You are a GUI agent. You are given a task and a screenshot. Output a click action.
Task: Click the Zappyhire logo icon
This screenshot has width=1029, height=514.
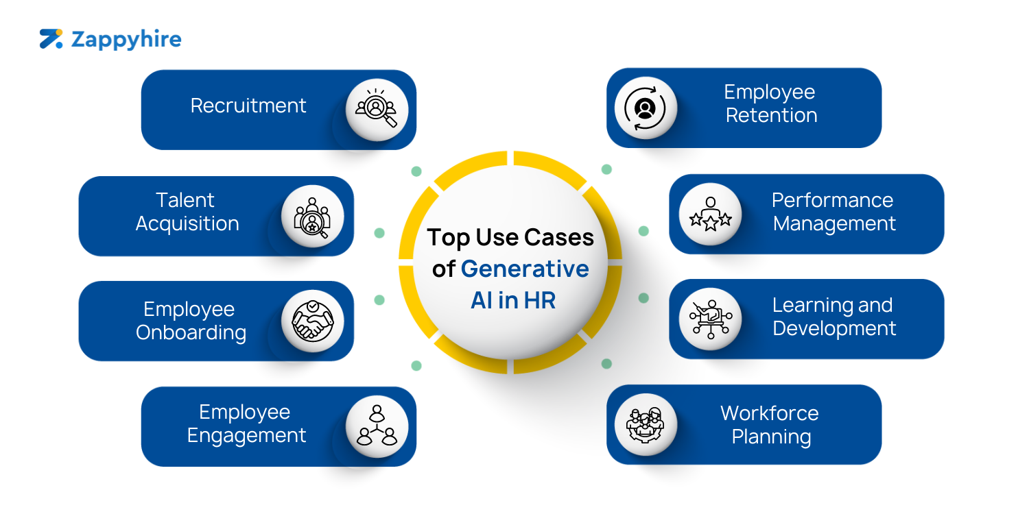tap(51, 39)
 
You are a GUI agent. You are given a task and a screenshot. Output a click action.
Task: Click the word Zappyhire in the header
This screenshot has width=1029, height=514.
tap(126, 40)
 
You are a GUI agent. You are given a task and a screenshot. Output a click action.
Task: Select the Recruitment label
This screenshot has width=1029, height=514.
tap(248, 106)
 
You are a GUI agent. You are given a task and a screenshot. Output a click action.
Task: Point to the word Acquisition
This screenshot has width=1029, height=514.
tap(187, 223)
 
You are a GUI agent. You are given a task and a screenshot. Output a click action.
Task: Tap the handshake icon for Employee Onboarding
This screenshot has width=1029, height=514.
tap(313, 321)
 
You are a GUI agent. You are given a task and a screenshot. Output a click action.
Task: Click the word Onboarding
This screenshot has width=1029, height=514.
tap(191, 332)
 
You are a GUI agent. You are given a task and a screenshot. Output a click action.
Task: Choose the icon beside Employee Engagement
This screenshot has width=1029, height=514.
tap(377, 426)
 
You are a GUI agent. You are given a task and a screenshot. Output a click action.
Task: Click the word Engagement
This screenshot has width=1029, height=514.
tap(246, 435)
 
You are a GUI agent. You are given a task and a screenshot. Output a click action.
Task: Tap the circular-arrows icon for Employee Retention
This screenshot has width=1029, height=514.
tap(645, 108)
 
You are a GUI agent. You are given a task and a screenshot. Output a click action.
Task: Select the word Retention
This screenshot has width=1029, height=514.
tap(771, 115)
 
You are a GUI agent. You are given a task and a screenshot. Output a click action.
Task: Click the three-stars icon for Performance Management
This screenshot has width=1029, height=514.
tap(710, 215)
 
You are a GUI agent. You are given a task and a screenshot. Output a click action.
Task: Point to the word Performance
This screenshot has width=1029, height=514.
tap(832, 200)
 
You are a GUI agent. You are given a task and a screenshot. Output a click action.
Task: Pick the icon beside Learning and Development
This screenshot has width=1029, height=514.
tap(710, 319)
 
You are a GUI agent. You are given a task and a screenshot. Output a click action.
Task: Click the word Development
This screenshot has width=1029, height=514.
tap(834, 328)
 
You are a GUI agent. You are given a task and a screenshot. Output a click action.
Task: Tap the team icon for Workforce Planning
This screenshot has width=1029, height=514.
tap(645, 424)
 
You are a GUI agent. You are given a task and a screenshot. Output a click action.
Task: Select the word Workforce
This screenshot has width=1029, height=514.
tap(769, 413)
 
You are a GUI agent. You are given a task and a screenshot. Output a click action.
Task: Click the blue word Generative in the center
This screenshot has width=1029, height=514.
tap(525, 269)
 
